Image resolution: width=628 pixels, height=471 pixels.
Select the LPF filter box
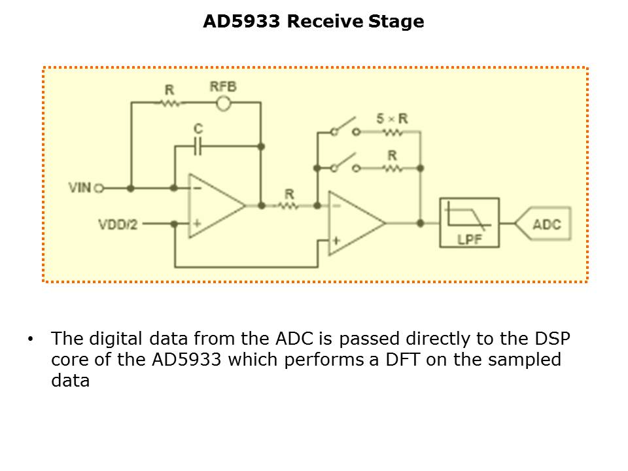coord(469,223)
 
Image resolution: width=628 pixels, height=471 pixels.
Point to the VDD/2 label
coord(118,224)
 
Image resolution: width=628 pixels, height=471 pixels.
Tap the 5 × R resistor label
coord(392,118)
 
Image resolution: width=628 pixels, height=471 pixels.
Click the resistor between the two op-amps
coord(288,205)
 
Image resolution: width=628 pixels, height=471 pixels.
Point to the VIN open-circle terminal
coord(99,188)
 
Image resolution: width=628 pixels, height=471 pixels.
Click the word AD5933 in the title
coord(243,22)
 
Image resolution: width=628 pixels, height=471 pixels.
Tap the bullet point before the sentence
coord(30,340)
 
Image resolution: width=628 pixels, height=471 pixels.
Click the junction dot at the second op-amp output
coord(420,223)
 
